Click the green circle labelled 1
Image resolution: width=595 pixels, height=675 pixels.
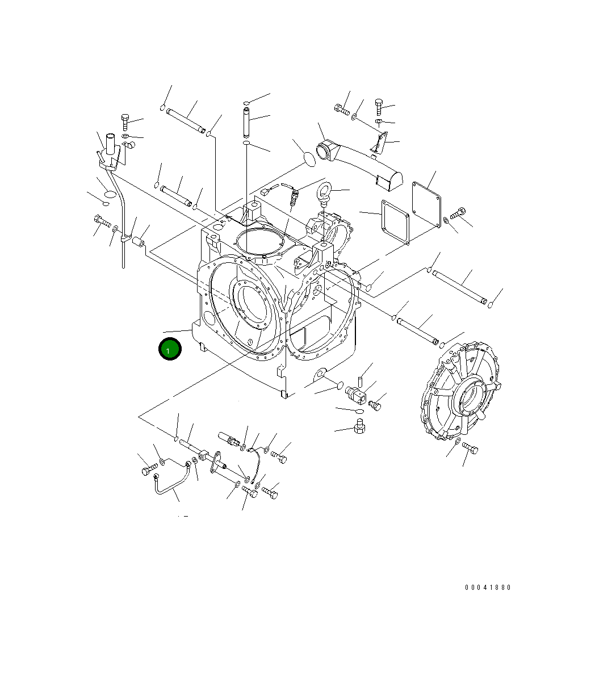pyautogui.click(x=169, y=349)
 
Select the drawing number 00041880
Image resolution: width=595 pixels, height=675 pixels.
pyautogui.click(x=488, y=588)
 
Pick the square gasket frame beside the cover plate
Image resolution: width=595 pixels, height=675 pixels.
pyautogui.click(x=395, y=223)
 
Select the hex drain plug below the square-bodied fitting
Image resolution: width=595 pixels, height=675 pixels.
pyautogui.click(x=359, y=426)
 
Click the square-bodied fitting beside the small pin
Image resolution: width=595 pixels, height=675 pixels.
pyautogui.click(x=355, y=393)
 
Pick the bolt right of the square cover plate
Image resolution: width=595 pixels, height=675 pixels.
pyautogui.click(x=457, y=215)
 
